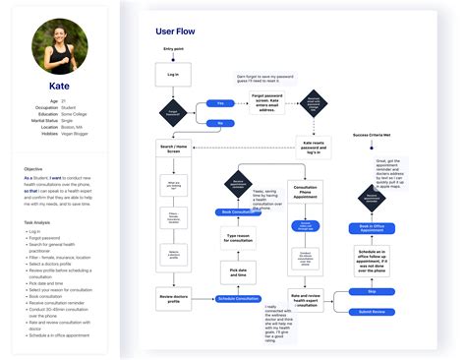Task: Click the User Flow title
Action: (x=176, y=30)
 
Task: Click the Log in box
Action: (x=173, y=74)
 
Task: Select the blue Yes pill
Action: (x=219, y=101)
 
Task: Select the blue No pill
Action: (x=219, y=123)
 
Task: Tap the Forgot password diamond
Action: (x=173, y=112)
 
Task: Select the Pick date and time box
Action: (x=237, y=270)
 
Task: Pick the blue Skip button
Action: (x=372, y=292)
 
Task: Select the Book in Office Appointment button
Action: (x=372, y=227)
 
